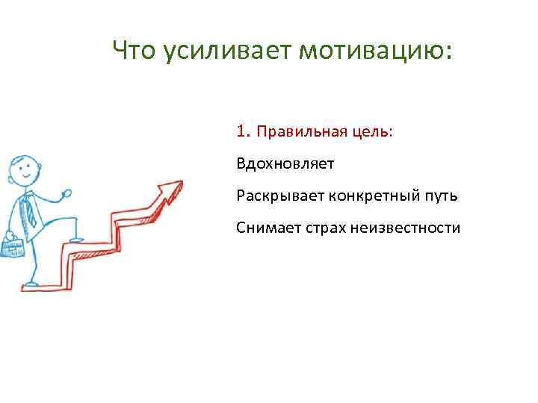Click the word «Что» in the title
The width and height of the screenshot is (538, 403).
(x=135, y=51)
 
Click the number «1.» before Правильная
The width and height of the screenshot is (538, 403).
(x=243, y=132)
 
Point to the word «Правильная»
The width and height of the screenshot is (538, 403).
(x=291, y=132)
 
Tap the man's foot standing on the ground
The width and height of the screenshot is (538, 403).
(x=30, y=283)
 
